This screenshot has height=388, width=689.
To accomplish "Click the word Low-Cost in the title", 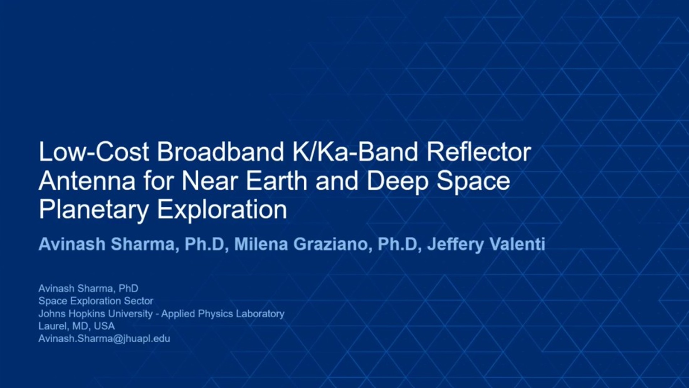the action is pyautogui.click(x=94, y=152).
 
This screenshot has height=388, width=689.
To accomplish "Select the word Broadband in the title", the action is pyautogui.click(x=221, y=152).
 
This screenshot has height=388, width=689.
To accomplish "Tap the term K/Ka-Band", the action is pyautogui.click(x=355, y=152).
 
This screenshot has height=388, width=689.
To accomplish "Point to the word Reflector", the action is pyautogui.click(x=479, y=152).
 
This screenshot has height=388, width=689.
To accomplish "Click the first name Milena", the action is pyautogui.click(x=261, y=244).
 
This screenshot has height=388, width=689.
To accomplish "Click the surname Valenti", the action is pyautogui.click(x=517, y=244).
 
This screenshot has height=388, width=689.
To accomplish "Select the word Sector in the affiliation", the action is pyautogui.click(x=139, y=301).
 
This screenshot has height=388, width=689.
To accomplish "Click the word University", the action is pyautogui.click(x=130, y=314).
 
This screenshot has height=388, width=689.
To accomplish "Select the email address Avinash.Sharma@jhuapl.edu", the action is pyautogui.click(x=104, y=339).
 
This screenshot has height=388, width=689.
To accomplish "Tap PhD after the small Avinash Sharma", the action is pyautogui.click(x=128, y=288).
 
